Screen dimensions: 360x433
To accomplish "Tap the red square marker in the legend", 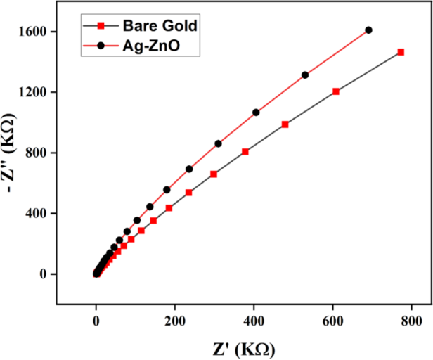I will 101,26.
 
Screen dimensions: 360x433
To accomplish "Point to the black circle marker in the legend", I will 101,45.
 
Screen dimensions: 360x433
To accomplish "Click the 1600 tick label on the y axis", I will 33,32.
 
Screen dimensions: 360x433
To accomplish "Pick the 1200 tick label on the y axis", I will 33,92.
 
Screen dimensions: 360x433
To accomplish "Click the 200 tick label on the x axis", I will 175,321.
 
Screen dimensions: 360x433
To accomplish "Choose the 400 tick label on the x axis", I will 254,321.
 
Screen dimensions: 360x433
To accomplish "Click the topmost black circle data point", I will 368,30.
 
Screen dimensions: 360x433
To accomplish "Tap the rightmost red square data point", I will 401,52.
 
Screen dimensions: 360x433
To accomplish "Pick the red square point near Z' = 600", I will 336,91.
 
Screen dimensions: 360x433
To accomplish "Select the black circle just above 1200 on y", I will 305,75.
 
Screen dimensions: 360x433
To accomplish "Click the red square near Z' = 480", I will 285,124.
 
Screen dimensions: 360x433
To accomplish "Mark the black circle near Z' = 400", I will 256,112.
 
